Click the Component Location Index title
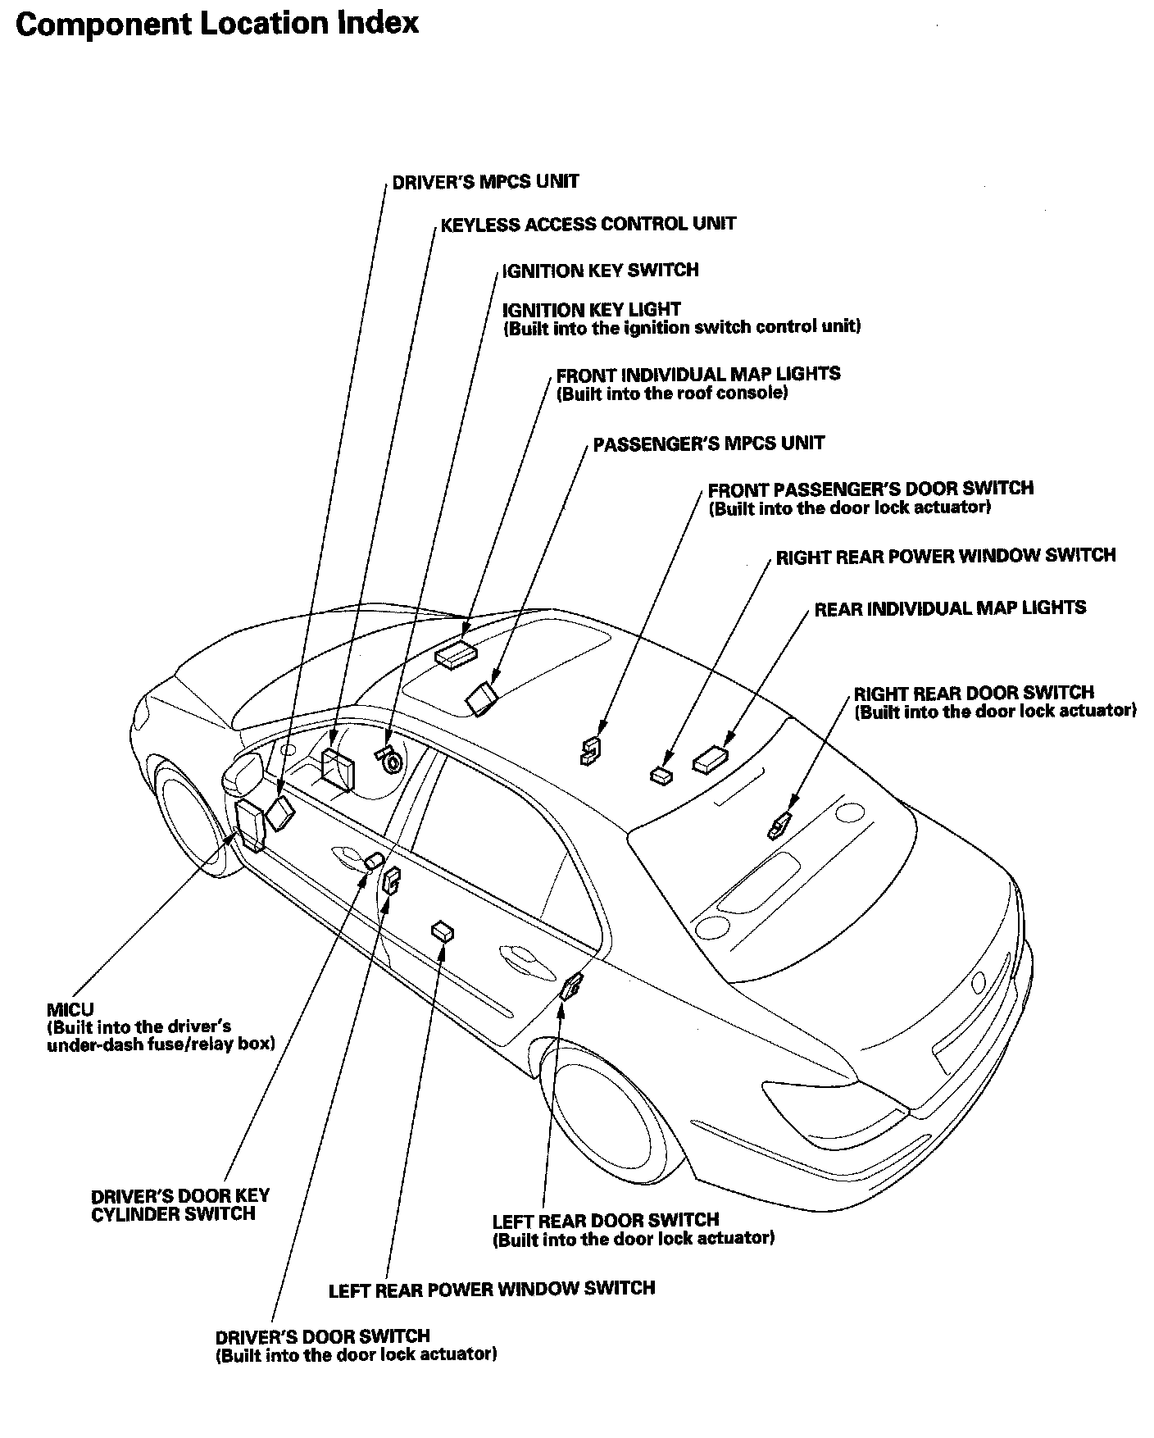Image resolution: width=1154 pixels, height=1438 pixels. [x=217, y=24]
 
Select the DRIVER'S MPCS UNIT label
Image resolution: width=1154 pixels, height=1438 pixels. [x=485, y=181]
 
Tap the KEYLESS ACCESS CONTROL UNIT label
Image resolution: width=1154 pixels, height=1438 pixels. [x=588, y=224]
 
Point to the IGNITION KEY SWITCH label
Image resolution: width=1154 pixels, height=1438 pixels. [x=600, y=270]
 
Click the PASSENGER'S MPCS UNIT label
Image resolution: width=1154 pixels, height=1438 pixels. [x=708, y=444]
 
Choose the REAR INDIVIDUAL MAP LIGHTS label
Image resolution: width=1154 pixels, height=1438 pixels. [x=950, y=608]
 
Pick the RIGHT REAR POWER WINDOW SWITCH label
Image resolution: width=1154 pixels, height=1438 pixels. [x=946, y=556]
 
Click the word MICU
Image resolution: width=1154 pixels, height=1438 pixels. [x=70, y=1009]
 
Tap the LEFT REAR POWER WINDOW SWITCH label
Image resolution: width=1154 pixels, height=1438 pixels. [x=492, y=1290]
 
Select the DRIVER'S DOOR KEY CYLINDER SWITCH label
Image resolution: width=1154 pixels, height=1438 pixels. [x=179, y=1205]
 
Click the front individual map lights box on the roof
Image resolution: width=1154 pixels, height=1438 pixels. [x=456, y=654]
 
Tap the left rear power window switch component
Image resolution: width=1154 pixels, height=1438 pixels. [x=443, y=931]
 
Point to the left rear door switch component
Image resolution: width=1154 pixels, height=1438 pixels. [x=570, y=986]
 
